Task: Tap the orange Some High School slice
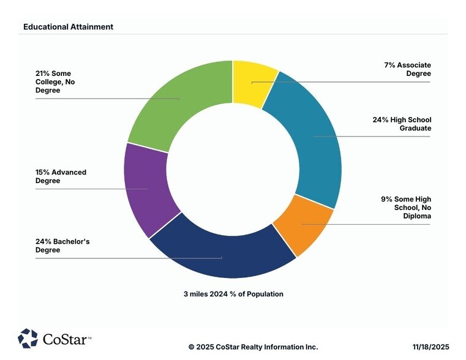pyautogui.click(x=300, y=227)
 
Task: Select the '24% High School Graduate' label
pyautogui.click(x=401, y=124)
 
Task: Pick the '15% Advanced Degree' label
pyautogui.click(x=61, y=176)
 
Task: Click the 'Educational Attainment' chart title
pyautogui.click(x=68, y=27)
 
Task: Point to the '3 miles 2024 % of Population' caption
pyautogui.click(x=233, y=294)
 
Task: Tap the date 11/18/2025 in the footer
pyautogui.click(x=430, y=347)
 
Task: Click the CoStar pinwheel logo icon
pyautogui.click(x=28, y=338)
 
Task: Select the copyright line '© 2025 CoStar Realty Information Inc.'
pyautogui.click(x=253, y=347)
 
